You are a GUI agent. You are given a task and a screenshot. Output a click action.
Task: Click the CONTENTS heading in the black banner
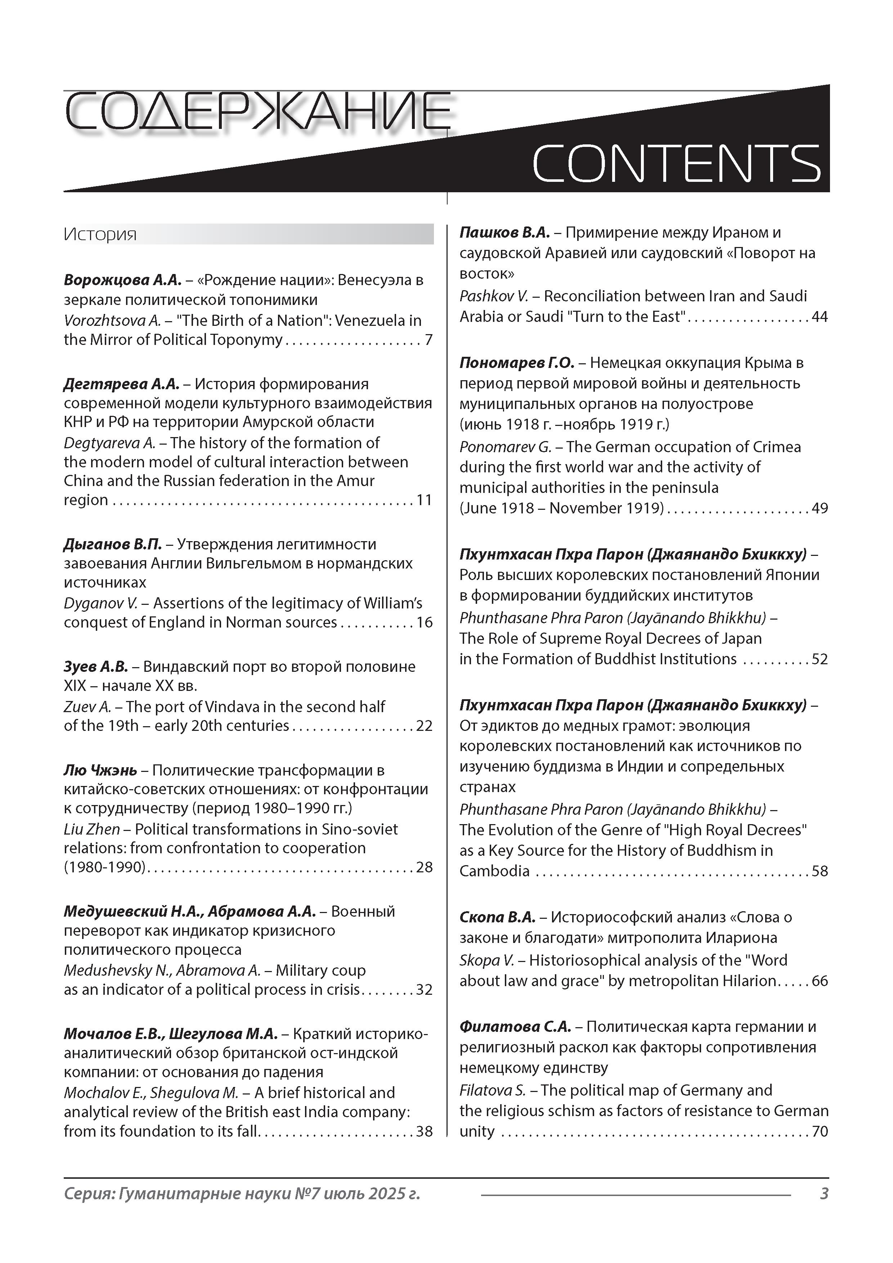676,163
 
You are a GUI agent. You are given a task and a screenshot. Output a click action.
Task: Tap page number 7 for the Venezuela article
428,340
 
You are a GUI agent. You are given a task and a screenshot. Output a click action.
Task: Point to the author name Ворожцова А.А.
122,280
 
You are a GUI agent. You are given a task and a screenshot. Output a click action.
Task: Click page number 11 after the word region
424,500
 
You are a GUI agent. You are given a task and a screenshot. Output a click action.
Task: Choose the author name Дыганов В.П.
113,544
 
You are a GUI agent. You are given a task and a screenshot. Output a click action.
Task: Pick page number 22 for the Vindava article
424,725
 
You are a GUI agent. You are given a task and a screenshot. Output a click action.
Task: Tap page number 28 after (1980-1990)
424,867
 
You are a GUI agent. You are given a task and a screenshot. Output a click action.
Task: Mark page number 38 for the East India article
424,1131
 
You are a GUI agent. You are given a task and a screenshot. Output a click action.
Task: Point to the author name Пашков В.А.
504,233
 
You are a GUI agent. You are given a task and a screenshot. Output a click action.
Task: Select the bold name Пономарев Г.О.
517,363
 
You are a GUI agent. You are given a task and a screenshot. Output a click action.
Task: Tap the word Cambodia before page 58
494,871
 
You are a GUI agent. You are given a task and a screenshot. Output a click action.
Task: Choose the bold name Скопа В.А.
497,917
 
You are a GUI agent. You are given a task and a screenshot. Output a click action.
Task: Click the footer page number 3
824,1193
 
